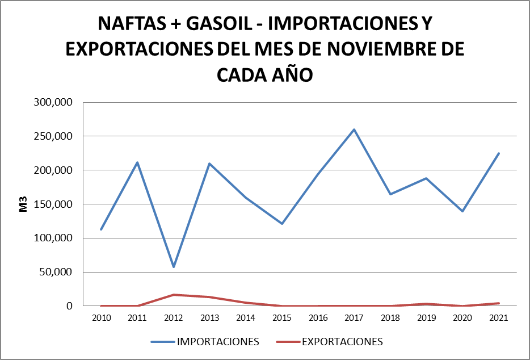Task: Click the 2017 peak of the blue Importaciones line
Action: [354, 129]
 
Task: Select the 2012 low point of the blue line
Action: [173, 267]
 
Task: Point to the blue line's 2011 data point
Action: [137, 162]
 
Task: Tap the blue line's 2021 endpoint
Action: [499, 153]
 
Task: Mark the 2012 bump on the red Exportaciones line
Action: [173, 295]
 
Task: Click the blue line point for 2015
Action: [281, 224]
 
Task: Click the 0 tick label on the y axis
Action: [69, 306]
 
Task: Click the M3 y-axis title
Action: [23, 204]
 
